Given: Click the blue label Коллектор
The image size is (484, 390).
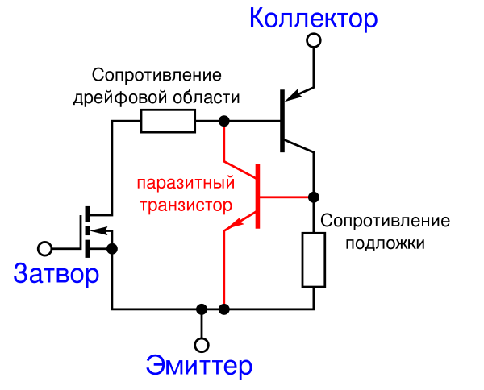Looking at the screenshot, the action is click(x=313, y=19).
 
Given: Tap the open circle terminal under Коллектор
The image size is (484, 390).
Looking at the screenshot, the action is click(x=314, y=41).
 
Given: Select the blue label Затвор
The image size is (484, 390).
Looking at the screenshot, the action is click(x=56, y=274).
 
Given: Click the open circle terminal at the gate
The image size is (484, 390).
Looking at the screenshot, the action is click(x=44, y=248).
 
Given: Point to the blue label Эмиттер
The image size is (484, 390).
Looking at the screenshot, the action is click(x=199, y=366).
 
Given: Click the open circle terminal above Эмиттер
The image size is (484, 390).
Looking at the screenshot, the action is click(x=202, y=345).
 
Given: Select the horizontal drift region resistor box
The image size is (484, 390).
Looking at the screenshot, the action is click(x=168, y=121).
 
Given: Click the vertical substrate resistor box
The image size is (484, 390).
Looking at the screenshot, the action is click(x=314, y=260).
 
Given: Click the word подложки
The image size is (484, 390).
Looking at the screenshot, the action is click(x=386, y=243).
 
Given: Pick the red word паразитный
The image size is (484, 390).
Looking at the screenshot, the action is click(x=186, y=183).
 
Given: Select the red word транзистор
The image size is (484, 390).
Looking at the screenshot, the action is click(x=186, y=205).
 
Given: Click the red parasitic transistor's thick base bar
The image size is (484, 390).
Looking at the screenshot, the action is click(x=258, y=197).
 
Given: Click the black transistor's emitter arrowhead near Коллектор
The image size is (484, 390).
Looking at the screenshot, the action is click(x=292, y=94).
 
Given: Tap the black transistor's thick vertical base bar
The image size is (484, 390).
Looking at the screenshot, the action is click(x=282, y=121).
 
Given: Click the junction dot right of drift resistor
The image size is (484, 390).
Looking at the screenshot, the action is click(x=224, y=121).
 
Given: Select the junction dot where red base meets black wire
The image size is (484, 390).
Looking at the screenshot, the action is click(x=314, y=197).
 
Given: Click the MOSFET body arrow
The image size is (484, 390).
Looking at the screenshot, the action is click(x=99, y=230).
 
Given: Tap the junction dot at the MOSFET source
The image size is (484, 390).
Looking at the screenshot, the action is click(x=112, y=248).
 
